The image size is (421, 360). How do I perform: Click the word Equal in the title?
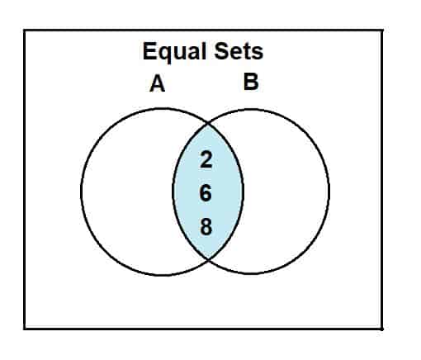[174, 52]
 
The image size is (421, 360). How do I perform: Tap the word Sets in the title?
[239, 51]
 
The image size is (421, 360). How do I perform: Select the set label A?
[158, 83]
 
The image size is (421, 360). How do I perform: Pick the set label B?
[251, 82]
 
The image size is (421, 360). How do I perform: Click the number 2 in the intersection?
[206, 159]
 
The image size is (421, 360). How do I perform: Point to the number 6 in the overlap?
[206, 193]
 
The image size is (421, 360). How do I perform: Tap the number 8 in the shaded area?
[206, 226]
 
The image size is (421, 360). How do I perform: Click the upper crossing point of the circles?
[208, 124]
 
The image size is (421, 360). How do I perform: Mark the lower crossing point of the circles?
[208, 258]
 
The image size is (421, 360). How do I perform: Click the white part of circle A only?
[126, 192]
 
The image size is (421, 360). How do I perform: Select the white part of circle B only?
[286, 192]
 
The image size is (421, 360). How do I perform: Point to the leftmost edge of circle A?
[82, 192]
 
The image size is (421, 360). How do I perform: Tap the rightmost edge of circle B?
[329, 190]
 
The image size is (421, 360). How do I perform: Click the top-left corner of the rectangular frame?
[25, 30]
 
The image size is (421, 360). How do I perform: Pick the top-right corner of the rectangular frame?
[382, 30]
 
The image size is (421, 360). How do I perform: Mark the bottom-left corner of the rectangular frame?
[25, 328]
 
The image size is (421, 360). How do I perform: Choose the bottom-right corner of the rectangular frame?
[382, 328]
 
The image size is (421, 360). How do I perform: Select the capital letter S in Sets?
[221, 51]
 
